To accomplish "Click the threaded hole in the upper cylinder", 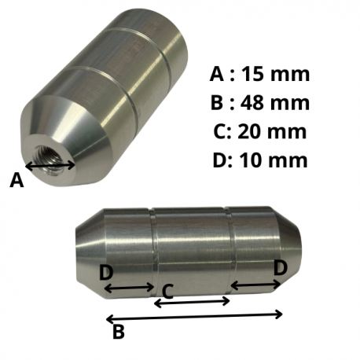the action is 50,160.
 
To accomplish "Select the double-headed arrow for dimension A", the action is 50,166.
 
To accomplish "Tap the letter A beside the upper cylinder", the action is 17,180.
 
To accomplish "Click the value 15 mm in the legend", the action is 275,74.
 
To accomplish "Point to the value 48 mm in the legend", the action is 275,102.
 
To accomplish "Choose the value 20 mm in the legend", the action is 272,131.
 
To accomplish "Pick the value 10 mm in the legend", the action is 274,160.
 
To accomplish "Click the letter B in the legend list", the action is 217,102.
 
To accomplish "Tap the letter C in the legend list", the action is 220,131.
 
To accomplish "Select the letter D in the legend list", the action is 219,160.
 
